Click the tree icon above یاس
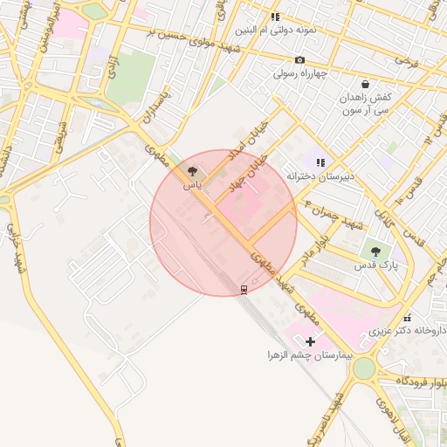tap(192, 172)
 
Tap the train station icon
tap(244, 288)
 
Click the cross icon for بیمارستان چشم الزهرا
tap(310, 341)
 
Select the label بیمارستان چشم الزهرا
tap(310, 356)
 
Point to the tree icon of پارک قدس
tap(375, 251)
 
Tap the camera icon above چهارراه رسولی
tap(300, 59)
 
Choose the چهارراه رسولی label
tap(300, 73)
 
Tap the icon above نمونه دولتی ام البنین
tap(275, 17)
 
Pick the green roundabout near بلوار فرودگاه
tap(363, 369)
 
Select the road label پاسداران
tap(158, 107)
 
